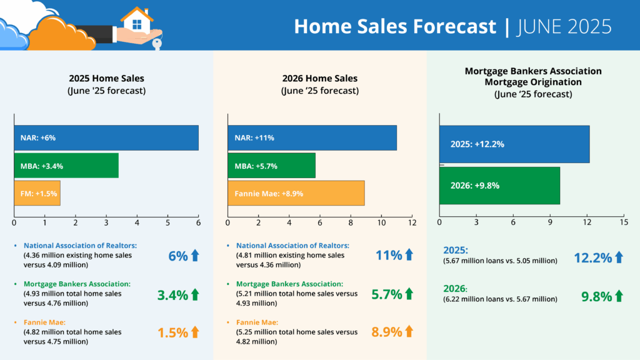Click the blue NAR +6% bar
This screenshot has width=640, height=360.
coord(106,137)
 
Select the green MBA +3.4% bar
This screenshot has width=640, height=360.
coord(66,166)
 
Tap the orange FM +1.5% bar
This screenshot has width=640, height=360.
coord(37,193)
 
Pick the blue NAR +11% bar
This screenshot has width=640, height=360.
coord(312,137)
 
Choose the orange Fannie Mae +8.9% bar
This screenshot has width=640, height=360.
coord(296,193)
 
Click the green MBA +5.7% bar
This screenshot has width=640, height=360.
coord(271,166)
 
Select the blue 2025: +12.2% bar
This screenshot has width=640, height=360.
coord(514,144)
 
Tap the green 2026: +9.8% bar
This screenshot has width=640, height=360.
coord(499,185)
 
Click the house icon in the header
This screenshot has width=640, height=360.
coord(137,19)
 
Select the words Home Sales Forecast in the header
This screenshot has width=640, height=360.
coord(395,26)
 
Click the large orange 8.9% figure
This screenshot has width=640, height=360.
coord(386,332)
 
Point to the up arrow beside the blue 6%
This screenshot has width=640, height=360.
coord(194,255)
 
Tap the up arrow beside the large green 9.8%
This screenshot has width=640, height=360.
coord(619,296)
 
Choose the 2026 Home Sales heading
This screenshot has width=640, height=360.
coord(319,79)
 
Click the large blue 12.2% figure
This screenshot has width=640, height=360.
coord(592,257)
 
